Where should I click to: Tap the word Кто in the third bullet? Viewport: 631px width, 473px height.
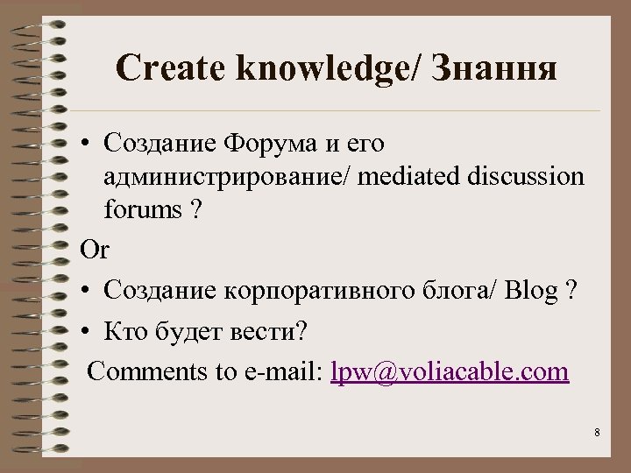tap(124, 333)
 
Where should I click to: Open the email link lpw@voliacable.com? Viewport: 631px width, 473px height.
tap(450, 371)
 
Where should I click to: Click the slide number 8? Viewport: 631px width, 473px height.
tap(597, 433)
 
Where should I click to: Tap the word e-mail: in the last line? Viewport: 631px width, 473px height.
tap(280, 371)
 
